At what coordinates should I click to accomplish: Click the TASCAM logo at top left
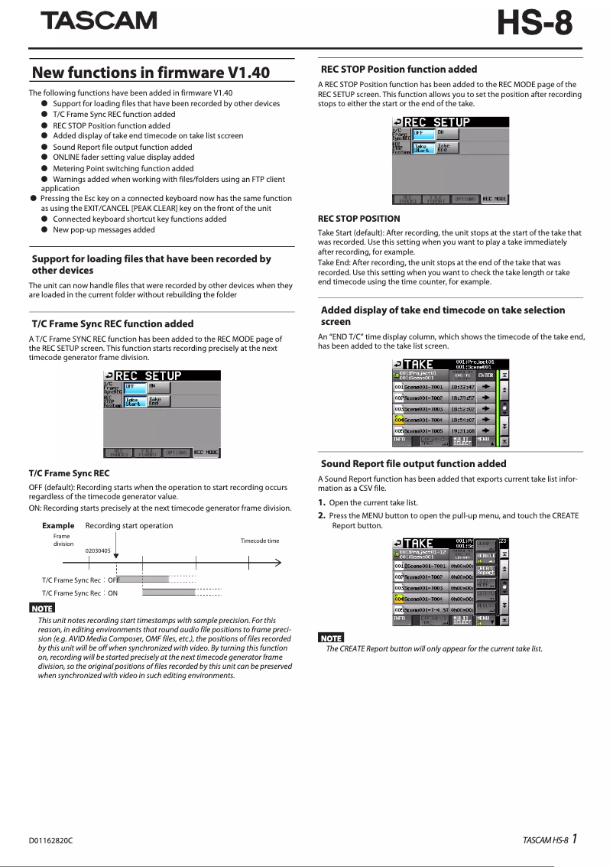tap(99, 21)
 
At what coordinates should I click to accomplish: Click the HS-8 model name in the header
tap(534, 24)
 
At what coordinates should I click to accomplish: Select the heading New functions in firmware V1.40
tap(151, 73)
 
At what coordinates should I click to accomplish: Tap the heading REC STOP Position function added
tap(399, 69)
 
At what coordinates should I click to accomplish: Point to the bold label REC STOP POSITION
tap(358, 219)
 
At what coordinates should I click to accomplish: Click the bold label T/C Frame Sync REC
tap(69, 473)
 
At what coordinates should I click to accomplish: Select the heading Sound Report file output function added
tap(414, 463)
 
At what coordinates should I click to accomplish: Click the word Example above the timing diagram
tap(58, 525)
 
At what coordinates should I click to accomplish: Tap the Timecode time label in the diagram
tap(260, 541)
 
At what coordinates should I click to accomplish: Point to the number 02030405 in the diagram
tap(98, 550)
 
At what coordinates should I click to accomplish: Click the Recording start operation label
tap(129, 525)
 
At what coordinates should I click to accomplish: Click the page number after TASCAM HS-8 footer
tap(573, 839)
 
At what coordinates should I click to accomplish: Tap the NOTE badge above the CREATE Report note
tap(331, 638)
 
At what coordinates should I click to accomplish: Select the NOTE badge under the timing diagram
tap(41, 608)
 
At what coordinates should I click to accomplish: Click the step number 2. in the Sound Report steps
tap(322, 516)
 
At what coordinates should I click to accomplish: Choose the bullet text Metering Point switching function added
tap(123, 168)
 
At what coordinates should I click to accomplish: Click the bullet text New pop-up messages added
tap(104, 229)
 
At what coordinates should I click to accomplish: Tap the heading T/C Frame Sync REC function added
tap(112, 323)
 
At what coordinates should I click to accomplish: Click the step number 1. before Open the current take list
tap(322, 502)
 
